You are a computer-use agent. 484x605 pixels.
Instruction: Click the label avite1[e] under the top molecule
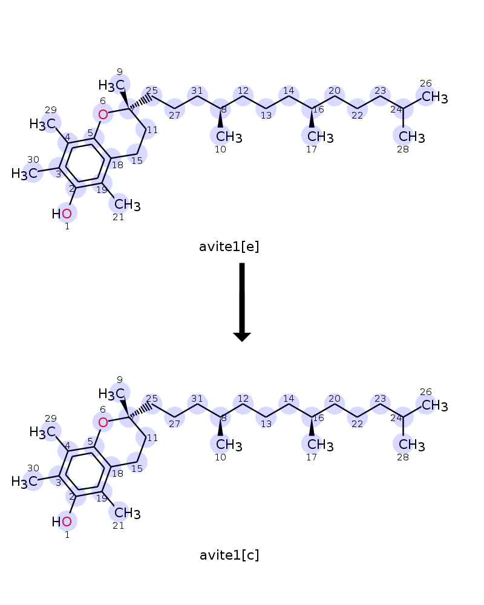point(229,247)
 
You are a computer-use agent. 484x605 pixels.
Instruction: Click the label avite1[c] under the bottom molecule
point(229,555)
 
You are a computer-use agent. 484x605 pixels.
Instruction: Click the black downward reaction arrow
point(242,302)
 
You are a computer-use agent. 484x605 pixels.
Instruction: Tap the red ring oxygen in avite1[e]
point(103,114)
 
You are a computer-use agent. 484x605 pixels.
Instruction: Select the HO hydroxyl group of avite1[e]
point(62,214)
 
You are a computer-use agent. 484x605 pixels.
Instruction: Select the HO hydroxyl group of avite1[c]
point(62,522)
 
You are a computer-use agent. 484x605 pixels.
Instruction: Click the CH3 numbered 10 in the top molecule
point(229,137)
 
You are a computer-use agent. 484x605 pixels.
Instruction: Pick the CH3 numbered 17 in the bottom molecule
point(321,445)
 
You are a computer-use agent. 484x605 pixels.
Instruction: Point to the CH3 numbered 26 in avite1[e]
point(434,97)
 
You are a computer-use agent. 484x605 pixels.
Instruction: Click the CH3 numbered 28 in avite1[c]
point(412,445)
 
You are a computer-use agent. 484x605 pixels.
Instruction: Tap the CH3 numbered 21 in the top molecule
point(128,204)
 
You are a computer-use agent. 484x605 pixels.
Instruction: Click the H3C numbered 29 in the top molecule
point(43,124)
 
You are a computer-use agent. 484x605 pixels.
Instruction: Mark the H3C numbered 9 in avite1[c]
point(111,394)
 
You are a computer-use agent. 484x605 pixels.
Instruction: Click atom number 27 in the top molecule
point(174,109)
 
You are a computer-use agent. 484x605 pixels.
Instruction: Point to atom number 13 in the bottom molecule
point(266,417)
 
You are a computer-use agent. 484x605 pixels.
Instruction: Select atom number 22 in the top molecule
point(358,109)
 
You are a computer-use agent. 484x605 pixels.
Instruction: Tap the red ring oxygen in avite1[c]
point(103,422)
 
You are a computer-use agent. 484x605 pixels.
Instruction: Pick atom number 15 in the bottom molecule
point(137,462)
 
